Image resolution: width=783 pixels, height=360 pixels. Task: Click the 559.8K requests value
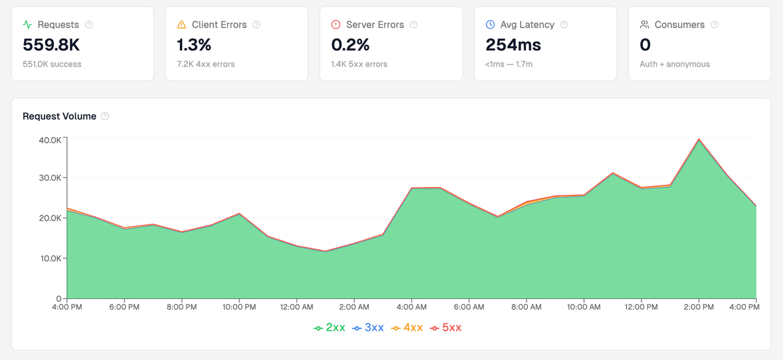[x=52, y=45]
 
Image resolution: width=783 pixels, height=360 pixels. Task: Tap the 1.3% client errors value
[x=194, y=45]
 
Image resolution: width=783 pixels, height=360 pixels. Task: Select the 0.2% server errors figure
[x=350, y=45]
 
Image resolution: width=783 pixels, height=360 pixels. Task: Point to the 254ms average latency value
[x=514, y=45]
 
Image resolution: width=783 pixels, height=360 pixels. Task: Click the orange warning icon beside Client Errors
[x=181, y=25]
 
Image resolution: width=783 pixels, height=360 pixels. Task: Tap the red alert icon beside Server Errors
[x=335, y=25]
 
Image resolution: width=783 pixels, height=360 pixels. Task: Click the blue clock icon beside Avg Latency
[x=490, y=25]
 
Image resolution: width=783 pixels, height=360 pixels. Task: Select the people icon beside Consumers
[x=644, y=25]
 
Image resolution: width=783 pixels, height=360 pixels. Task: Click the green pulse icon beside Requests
[x=27, y=25]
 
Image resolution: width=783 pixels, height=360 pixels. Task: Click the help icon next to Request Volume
[x=105, y=116]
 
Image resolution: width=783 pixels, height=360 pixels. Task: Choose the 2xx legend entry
[x=330, y=327]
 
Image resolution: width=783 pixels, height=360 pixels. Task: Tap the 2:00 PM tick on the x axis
[x=699, y=307]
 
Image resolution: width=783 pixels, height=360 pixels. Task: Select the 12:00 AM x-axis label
[x=297, y=307]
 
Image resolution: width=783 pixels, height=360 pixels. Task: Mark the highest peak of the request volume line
[x=699, y=139]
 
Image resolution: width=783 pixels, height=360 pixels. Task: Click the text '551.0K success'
[x=52, y=64]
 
